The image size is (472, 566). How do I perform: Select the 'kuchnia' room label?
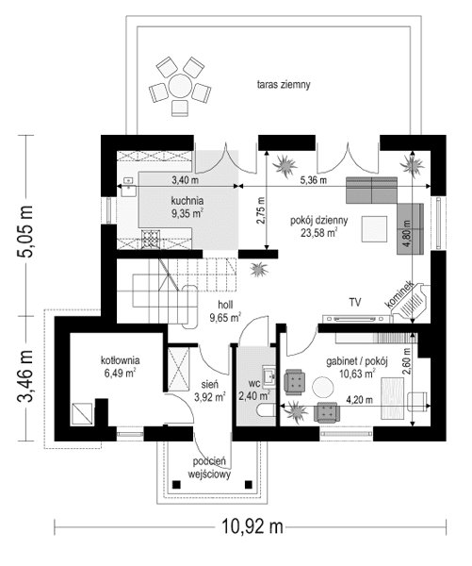click(188, 200)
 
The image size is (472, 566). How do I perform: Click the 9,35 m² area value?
click(188, 214)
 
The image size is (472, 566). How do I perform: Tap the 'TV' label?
click(355, 303)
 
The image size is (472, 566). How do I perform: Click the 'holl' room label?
click(225, 306)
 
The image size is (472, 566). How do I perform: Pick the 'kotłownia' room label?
click(121, 360)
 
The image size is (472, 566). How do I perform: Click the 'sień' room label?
click(210, 385)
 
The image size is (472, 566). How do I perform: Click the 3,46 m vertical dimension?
click(27, 376)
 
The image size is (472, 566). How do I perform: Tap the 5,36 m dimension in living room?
click(313, 179)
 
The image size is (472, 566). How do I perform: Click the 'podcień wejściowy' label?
click(207, 468)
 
